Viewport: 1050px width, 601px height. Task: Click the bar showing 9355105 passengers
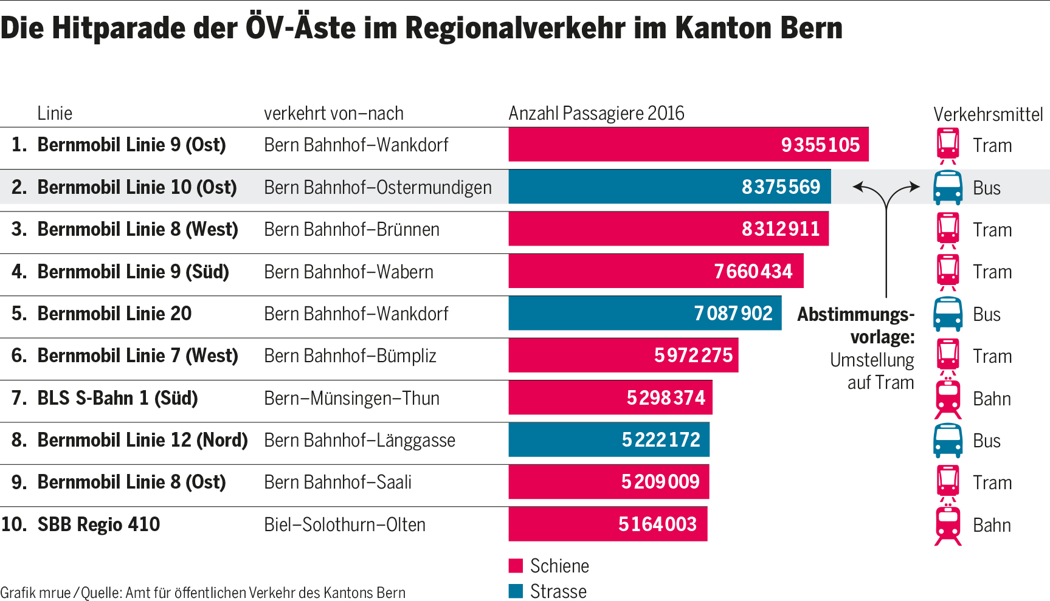pyautogui.click(x=688, y=145)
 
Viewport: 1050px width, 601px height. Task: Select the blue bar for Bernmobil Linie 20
pyautogui.click(x=644, y=314)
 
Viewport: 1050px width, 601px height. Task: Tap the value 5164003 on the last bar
pyautogui.click(x=657, y=524)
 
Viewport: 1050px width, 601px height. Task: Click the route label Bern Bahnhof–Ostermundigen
pyautogui.click(x=378, y=187)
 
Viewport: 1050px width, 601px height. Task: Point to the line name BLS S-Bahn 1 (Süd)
pyautogui.click(x=117, y=398)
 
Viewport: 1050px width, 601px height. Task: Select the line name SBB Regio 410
pyautogui.click(x=98, y=524)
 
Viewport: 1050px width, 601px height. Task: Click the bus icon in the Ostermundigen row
pyautogui.click(x=947, y=188)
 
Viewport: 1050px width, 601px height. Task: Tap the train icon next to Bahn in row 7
pyautogui.click(x=948, y=399)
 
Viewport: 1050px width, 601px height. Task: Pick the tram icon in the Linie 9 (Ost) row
pyautogui.click(x=948, y=145)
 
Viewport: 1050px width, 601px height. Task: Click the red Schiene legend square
pyautogui.click(x=516, y=566)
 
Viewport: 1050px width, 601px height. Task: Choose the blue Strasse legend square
pyautogui.click(x=516, y=591)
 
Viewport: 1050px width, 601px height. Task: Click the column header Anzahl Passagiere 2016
pyautogui.click(x=596, y=113)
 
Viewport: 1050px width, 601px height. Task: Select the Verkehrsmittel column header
pyautogui.click(x=988, y=114)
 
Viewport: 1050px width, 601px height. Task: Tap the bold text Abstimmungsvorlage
pyautogui.click(x=856, y=325)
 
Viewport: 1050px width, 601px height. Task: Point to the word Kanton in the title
pyautogui.click(x=715, y=28)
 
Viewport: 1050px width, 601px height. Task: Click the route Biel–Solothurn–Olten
pyautogui.click(x=345, y=524)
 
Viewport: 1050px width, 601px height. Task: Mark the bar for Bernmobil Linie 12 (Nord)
pyautogui.click(x=609, y=439)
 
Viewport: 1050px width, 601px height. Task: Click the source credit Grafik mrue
pyautogui.click(x=35, y=592)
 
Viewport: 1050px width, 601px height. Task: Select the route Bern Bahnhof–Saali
pyautogui.click(x=337, y=482)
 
